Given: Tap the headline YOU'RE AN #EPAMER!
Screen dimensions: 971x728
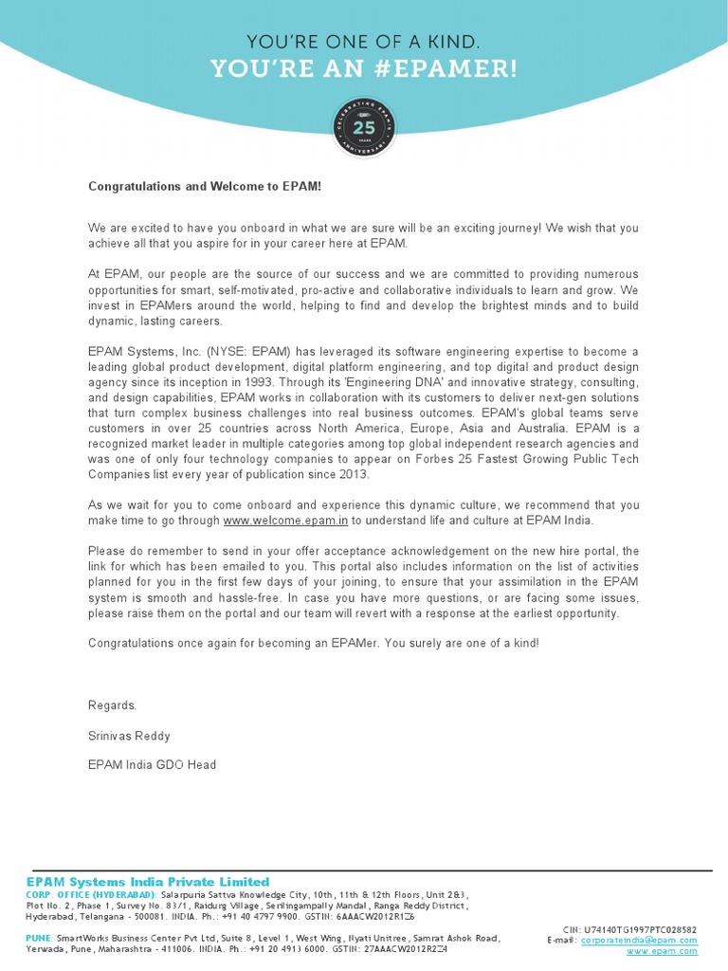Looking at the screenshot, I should [x=364, y=69].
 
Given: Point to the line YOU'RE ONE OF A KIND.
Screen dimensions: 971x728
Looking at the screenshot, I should [x=364, y=42].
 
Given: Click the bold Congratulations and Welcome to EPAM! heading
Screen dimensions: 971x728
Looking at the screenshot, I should [x=205, y=187].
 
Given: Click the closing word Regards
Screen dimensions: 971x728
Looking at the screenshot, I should [x=113, y=705].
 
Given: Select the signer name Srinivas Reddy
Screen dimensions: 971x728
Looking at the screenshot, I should [x=129, y=735].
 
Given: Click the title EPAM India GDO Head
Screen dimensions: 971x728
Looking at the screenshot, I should [x=152, y=764].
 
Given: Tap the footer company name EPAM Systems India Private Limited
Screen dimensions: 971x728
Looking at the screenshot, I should [x=148, y=882].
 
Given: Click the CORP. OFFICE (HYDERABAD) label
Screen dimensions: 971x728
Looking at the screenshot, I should [x=91, y=894].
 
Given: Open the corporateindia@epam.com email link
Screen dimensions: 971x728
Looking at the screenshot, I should [x=639, y=940].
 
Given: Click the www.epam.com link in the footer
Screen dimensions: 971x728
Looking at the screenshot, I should [x=662, y=951].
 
